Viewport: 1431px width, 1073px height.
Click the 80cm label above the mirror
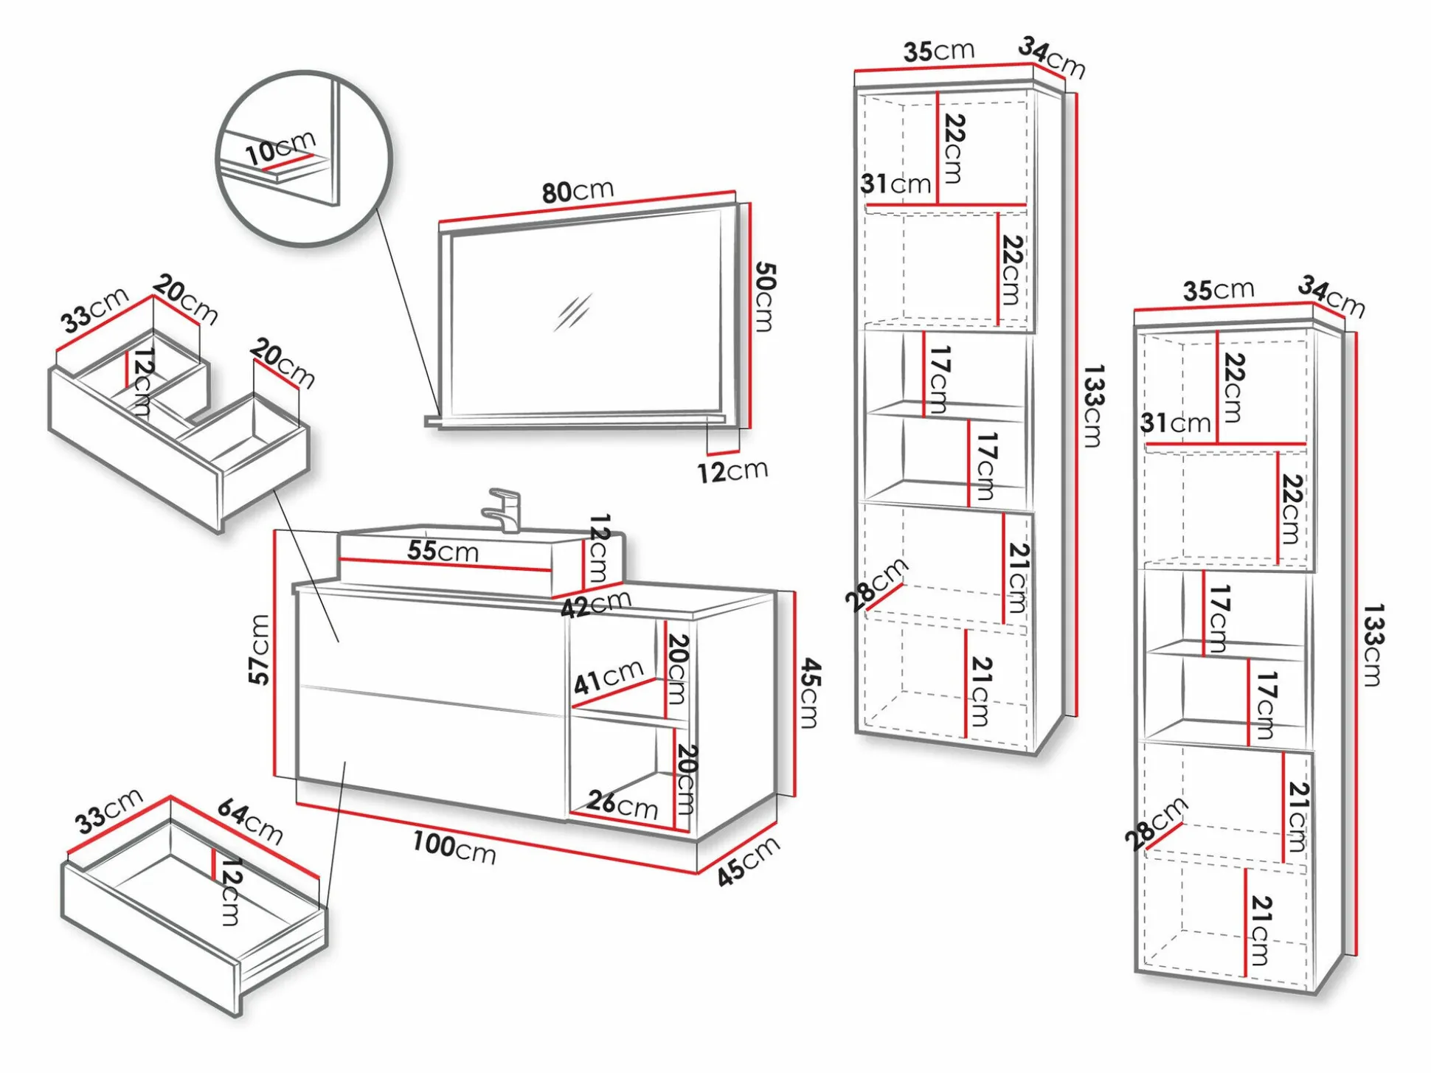click(x=578, y=191)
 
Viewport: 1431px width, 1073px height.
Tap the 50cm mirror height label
click(x=765, y=296)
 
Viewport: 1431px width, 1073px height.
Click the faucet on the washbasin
click(x=505, y=510)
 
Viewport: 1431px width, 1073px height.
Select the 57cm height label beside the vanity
click(x=259, y=650)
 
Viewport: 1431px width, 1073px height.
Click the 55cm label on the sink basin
click(x=443, y=551)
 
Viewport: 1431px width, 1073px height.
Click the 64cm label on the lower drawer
click(x=250, y=822)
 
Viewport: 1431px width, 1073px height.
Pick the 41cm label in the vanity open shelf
click(x=609, y=677)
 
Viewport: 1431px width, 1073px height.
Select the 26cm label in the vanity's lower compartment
click(x=623, y=804)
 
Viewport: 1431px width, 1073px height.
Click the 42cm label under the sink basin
click(x=596, y=605)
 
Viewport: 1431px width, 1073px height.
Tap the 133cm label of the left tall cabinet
click(x=1092, y=406)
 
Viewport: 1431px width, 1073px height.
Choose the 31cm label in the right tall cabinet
click(x=1176, y=423)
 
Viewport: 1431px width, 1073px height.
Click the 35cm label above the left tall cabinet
click(x=938, y=51)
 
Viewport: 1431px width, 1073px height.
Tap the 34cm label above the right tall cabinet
click(x=1331, y=296)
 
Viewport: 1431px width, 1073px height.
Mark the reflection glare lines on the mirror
click(x=573, y=313)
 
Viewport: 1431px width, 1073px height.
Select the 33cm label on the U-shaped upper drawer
click(x=94, y=310)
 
